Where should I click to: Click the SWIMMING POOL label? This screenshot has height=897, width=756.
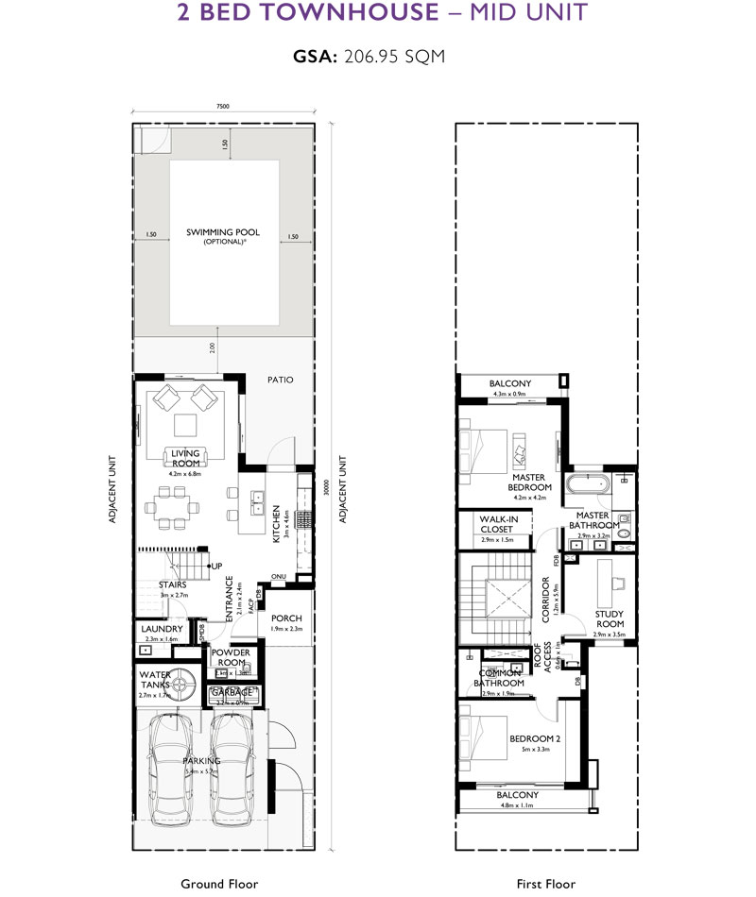tap(222, 232)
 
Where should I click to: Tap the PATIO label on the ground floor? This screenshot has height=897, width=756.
tap(280, 380)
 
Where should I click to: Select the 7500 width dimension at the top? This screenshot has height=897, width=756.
tap(222, 108)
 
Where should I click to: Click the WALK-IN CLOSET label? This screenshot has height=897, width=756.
tap(496, 524)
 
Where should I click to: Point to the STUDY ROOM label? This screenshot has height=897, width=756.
tap(610, 619)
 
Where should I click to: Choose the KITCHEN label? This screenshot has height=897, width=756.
tap(276, 518)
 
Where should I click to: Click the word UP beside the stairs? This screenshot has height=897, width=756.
tap(216, 567)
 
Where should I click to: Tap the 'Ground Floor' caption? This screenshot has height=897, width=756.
tap(221, 884)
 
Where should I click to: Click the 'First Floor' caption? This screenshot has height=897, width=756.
tap(545, 884)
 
